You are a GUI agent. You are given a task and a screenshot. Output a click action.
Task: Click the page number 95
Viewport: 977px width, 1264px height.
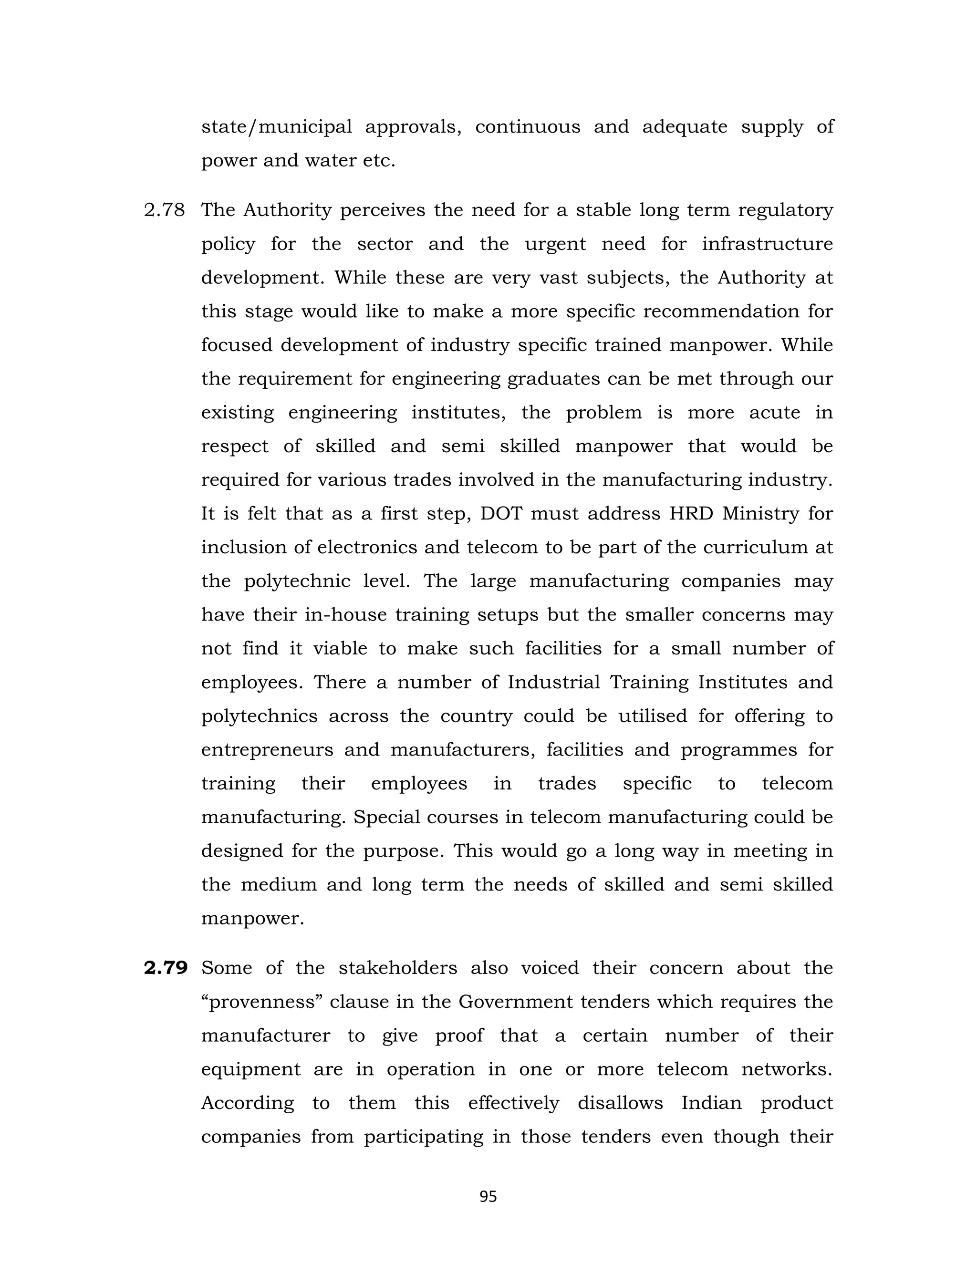coord(488,1196)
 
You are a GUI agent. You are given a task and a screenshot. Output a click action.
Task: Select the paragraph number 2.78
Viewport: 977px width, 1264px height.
coord(165,210)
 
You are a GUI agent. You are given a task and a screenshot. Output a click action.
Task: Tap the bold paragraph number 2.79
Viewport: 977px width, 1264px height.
coord(166,968)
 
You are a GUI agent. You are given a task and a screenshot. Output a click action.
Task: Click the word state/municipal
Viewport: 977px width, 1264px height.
coord(276,127)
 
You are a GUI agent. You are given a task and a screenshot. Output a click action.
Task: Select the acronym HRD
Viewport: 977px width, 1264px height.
coord(691,513)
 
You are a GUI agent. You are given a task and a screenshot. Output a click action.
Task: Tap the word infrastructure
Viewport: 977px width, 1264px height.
coord(767,244)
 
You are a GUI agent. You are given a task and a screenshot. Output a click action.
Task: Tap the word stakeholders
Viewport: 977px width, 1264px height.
coord(397,968)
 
